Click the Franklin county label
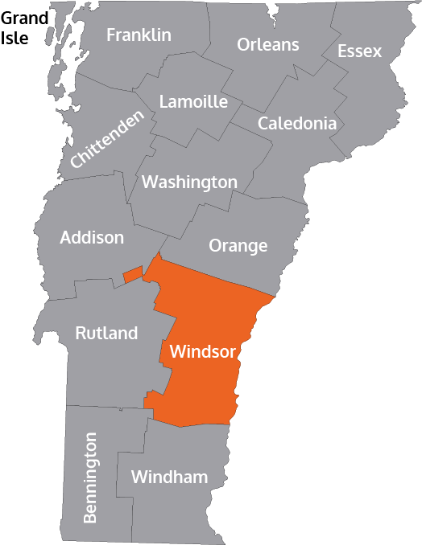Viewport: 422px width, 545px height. pyautogui.click(x=139, y=35)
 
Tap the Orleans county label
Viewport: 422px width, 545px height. pyautogui.click(x=267, y=44)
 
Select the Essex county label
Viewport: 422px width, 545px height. pyautogui.click(x=359, y=51)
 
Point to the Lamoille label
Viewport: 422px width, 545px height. pyautogui.click(x=193, y=102)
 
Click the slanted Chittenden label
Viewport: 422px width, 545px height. pyautogui.click(x=107, y=138)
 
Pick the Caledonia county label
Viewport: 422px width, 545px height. pyautogui.click(x=296, y=124)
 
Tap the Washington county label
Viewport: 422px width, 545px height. pyautogui.click(x=189, y=182)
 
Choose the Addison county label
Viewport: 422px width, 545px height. pyautogui.click(x=92, y=238)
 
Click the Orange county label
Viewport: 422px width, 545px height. pyautogui.click(x=238, y=246)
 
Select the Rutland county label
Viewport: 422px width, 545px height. pyautogui.click(x=106, y=333)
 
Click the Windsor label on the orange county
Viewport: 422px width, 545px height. pyautogui.click(x=202, y=352)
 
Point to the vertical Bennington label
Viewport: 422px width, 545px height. pyautogui.click(x=89, y=477)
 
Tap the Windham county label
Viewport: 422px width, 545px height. pyautogui.click(x=169, y=477)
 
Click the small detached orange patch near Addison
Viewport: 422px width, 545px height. pyautogui.click(x=132, y=275)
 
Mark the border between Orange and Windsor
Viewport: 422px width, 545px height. pyautogui.click(x=217, y=277)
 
